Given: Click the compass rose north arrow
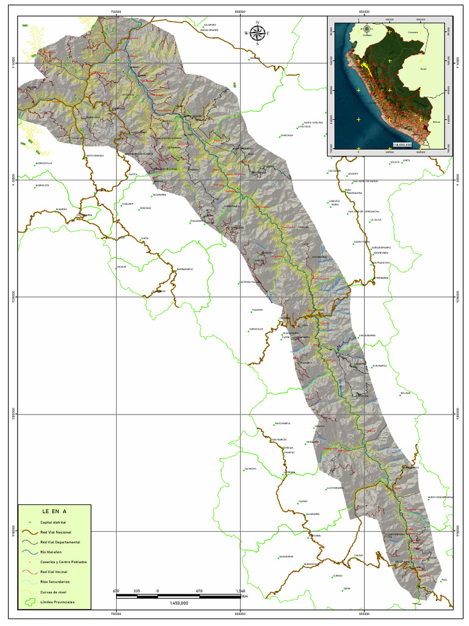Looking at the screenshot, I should [x=258, y=33].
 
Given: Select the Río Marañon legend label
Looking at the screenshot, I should [x=51, y=552].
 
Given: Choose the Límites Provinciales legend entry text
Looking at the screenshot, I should [x=58, y=602].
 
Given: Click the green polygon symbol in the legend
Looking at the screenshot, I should [x=29, y=602].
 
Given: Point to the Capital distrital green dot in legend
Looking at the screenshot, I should [x=29, y=523].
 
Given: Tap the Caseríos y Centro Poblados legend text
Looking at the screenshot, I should [x=64, y=562].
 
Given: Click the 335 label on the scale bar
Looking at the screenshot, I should [x=137, y=591].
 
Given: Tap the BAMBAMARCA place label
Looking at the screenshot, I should [x=185, y=269].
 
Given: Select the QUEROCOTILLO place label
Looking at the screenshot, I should [x=44, y=163].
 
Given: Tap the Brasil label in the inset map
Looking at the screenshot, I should [x=423, y=70].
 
